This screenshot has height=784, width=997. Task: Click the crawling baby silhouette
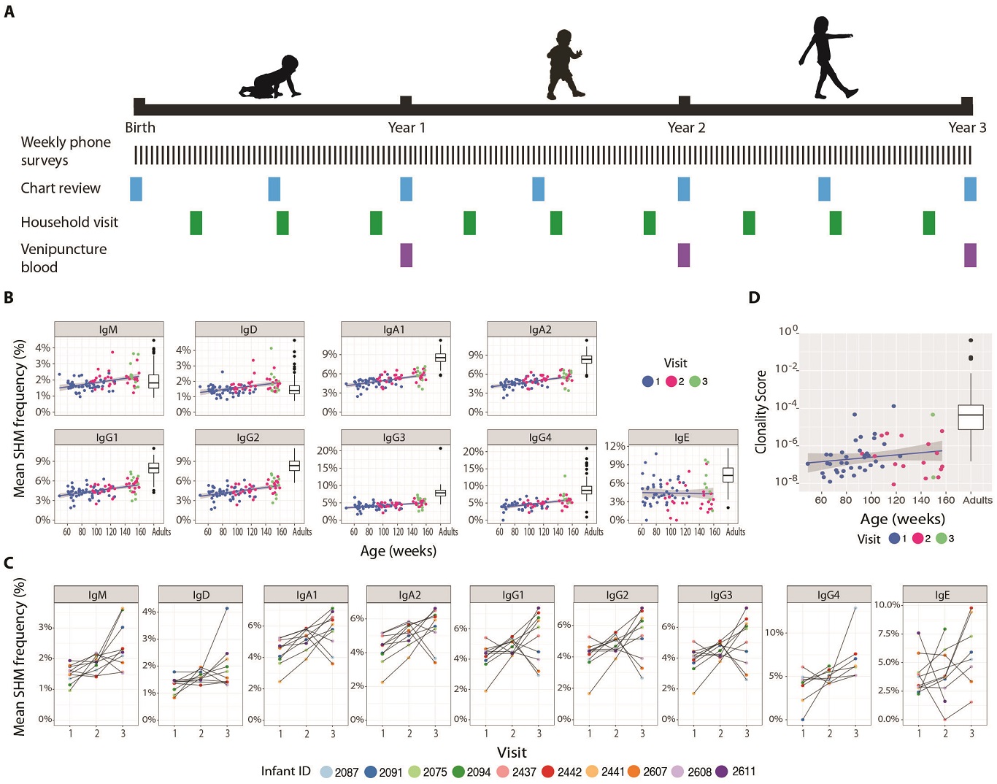click(270, 78)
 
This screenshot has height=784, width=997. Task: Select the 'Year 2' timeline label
click(686, 128)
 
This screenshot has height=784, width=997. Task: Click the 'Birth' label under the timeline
click(140, 128)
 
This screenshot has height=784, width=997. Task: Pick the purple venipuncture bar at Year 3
click(970, 255)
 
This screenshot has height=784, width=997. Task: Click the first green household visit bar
click(196, 223)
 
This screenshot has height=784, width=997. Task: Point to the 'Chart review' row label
click(61, 188)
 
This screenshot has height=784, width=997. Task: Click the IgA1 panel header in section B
click(396, 329)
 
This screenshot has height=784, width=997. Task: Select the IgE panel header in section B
click(683, 437)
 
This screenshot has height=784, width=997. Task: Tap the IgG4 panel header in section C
click(828, 594)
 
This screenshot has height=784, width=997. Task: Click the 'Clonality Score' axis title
click(761, 412)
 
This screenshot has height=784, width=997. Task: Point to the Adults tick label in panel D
click(977, 501)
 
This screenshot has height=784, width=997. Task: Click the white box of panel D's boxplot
click(971, 417)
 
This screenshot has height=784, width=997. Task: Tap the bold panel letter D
click(754, 298)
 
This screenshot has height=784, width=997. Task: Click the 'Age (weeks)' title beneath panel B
click(399, 551)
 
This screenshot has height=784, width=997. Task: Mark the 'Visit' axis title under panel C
click(512, 752)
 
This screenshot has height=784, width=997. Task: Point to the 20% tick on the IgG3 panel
click(328, 451)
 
